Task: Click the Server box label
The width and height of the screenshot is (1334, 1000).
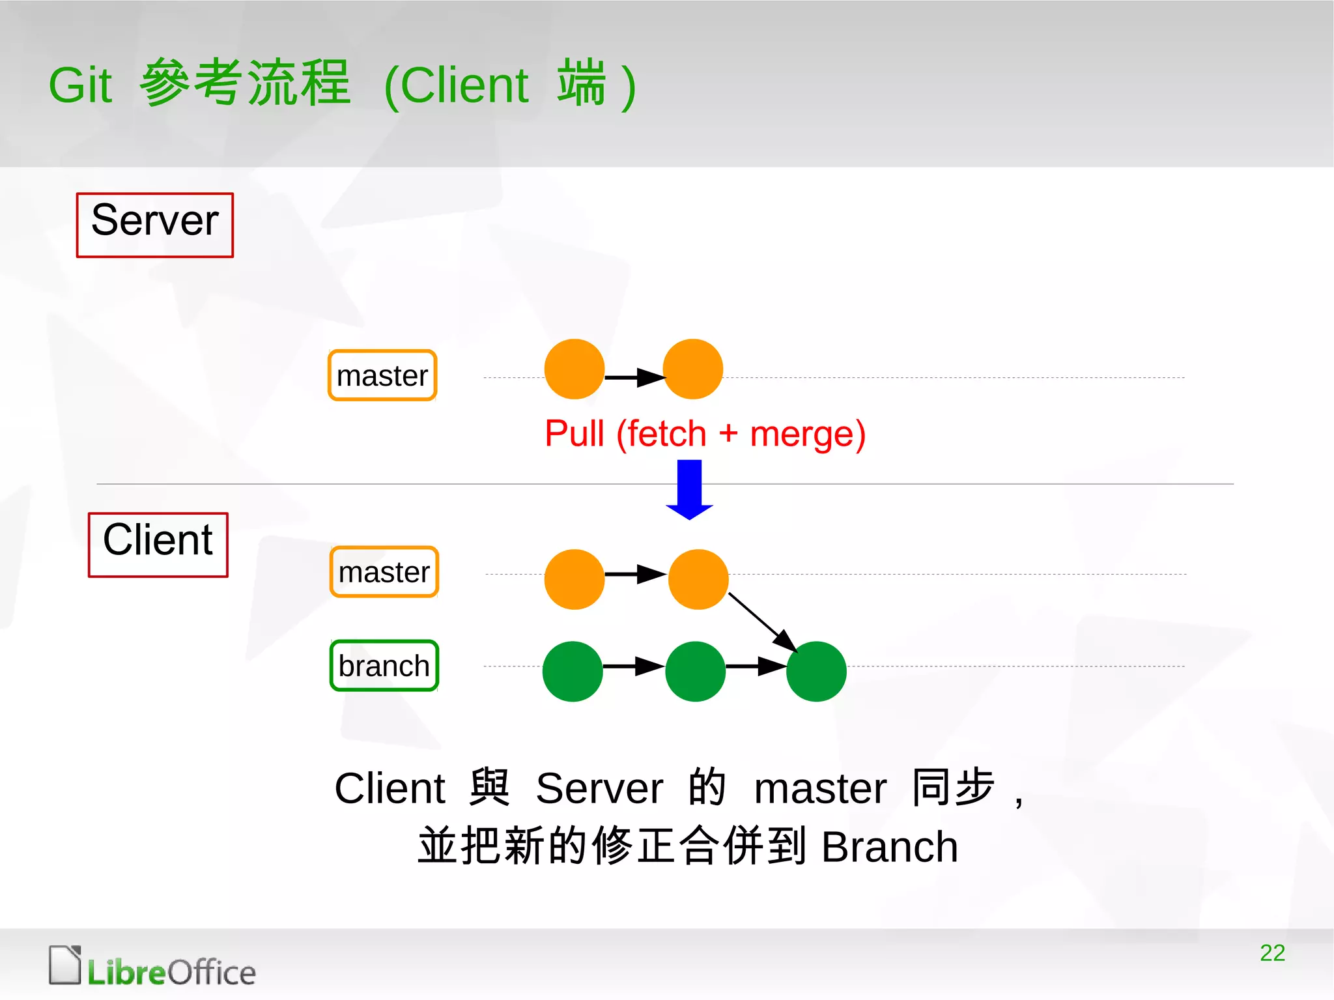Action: tap(155, 225)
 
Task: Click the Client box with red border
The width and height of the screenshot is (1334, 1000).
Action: tap(158, 545)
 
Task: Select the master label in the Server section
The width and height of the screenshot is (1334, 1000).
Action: tap(382, 375)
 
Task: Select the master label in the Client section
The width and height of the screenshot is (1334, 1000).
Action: tap(384, 572)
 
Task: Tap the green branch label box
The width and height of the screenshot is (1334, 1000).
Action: tap(384, 666)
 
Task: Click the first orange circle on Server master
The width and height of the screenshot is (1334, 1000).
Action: tap(574, 369)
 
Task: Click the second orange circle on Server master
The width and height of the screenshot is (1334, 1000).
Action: tap(692, 369)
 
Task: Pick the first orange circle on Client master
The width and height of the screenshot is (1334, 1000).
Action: tap(574, 579)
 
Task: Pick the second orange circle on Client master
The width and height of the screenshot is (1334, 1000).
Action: tap(698, 579)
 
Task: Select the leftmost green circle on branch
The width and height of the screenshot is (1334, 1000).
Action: tap(572, 671)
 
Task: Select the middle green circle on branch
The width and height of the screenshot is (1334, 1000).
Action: tap(695, 671)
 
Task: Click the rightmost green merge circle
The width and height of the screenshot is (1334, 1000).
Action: tap(816, 671)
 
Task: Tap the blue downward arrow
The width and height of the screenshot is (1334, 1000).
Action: tap(689, 489)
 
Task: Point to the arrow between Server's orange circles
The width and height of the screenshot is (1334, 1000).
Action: tap(634, 377)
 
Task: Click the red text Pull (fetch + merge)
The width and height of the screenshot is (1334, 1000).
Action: tap(705, 434)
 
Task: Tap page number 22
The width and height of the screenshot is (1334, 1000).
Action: tap(1272, 952)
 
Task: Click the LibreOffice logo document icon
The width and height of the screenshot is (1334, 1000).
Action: tap(65, 965)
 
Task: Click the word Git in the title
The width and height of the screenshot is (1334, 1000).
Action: tap(81, 85)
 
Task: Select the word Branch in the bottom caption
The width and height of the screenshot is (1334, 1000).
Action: tap(889, 846)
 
